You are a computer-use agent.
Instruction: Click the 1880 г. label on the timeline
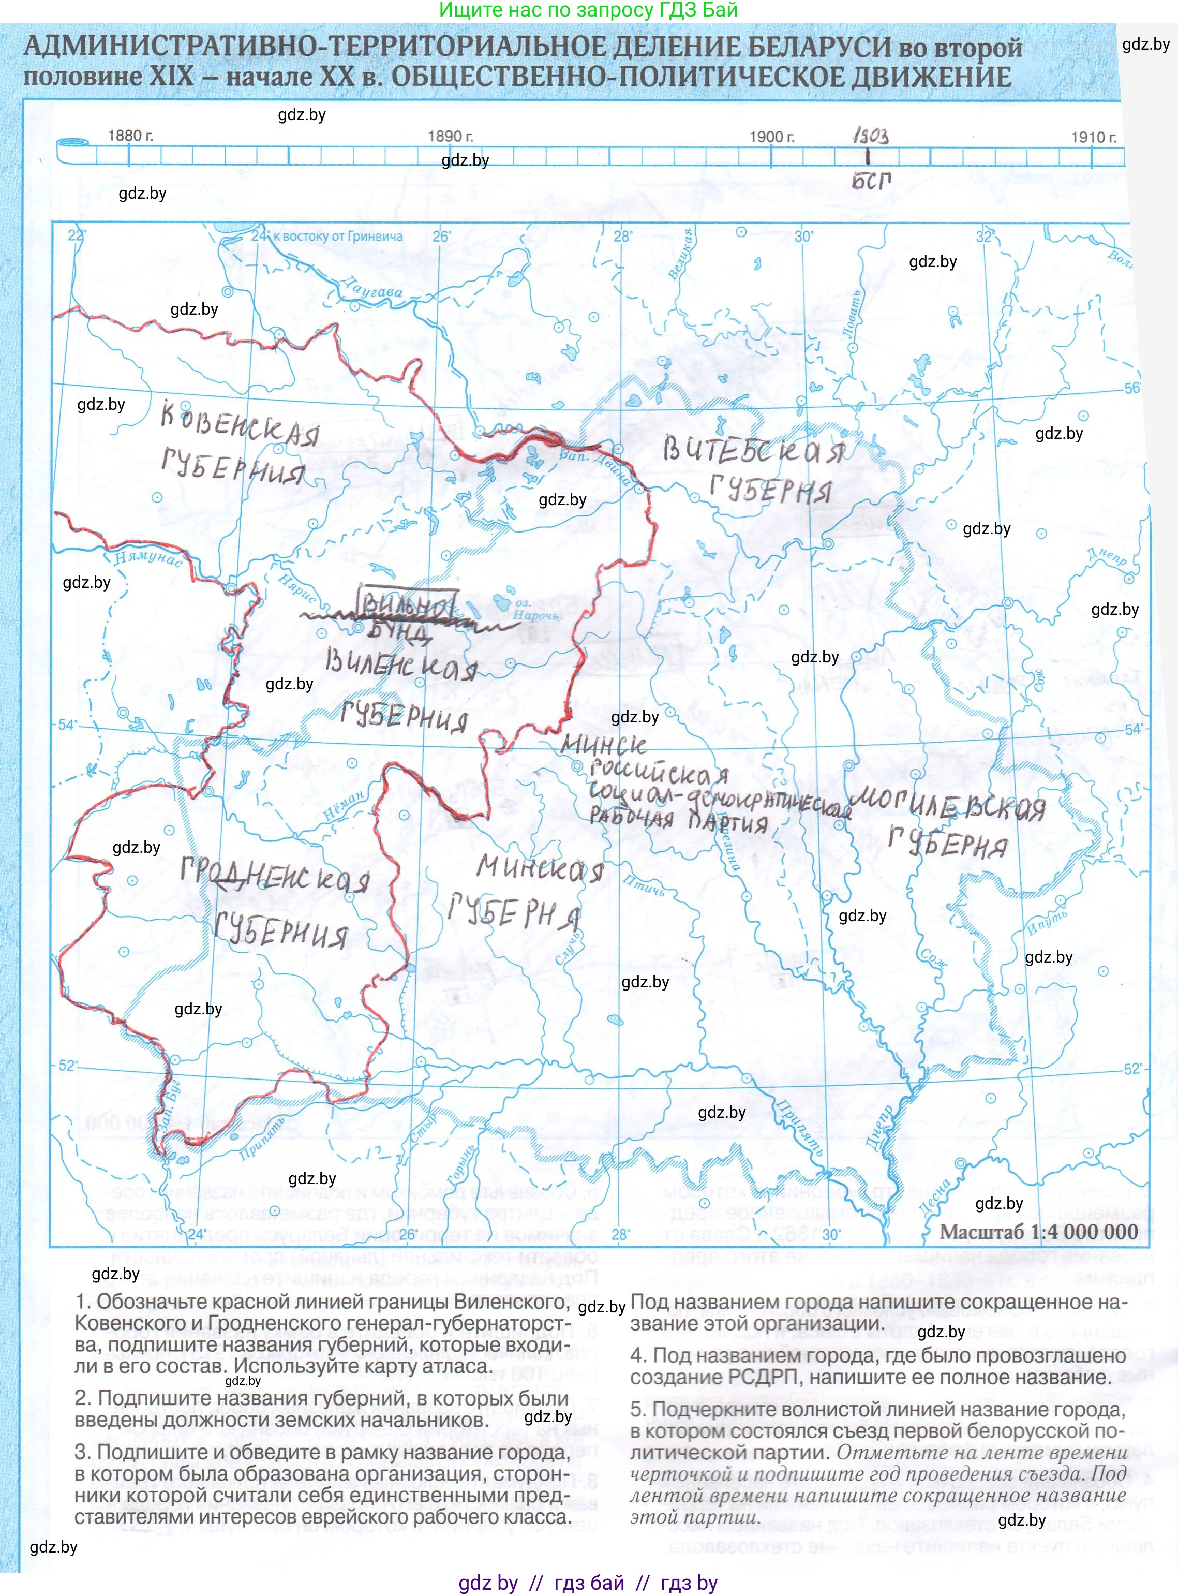pos(130,136)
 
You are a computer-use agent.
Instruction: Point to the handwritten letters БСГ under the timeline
pos(871,181)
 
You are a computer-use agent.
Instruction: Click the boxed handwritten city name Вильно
pos(407,605)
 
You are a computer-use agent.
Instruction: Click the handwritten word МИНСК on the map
pos(603,745)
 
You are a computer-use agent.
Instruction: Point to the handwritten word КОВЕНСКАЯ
pos(240,424)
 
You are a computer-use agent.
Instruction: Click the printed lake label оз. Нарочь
pos(536,610)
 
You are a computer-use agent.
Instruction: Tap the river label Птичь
pos(644,885)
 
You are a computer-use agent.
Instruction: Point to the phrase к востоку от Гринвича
pos(338,236)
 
